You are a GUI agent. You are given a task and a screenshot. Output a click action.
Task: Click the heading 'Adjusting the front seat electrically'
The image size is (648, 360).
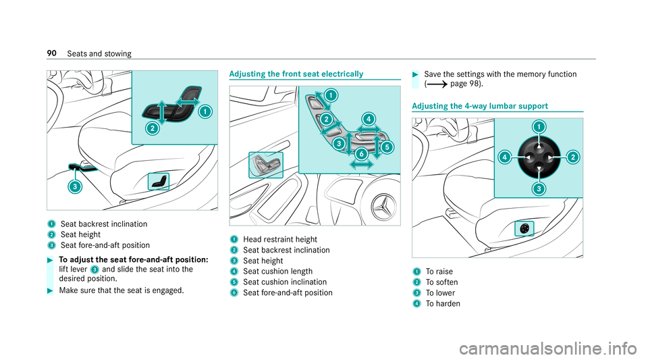coord(296,73)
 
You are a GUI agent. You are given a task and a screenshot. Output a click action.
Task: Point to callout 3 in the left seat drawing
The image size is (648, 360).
coord(75,186)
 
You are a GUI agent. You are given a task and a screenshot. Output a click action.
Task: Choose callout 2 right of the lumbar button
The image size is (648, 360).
coord(572,157)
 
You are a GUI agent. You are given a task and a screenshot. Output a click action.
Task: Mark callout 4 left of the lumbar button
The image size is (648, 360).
coord(504,157)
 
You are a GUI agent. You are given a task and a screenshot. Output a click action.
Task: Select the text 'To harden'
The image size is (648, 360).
coord(442,303)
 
